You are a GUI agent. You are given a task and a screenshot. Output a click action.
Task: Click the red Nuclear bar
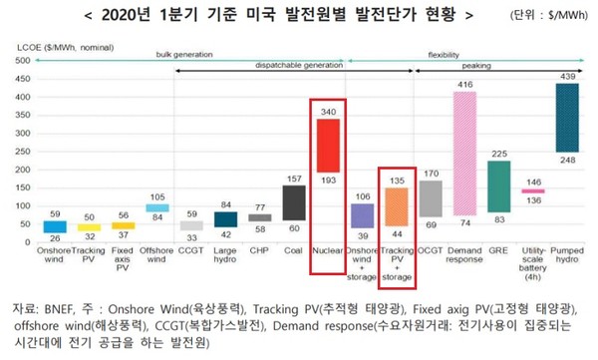pyautogui.click(x=328, y=159)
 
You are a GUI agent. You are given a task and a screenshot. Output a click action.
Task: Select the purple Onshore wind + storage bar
pyautogui.click(x=362, y=213)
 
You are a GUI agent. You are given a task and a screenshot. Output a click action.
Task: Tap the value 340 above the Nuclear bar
pyautogui.click(x=328, y=112)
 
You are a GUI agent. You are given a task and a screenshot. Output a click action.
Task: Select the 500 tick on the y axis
pyautogui.click(x=23, y=61)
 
